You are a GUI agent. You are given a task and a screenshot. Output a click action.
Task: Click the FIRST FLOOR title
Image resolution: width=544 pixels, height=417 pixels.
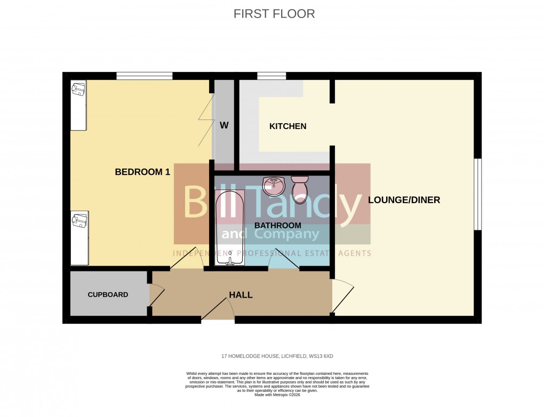(274, 14)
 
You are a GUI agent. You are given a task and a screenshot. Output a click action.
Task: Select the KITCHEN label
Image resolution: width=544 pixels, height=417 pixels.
(287, 126)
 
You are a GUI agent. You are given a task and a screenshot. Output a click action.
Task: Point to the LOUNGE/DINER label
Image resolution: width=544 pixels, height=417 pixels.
(404, 201)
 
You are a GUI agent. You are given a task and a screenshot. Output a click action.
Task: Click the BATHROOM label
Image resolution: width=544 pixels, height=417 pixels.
(277, 226)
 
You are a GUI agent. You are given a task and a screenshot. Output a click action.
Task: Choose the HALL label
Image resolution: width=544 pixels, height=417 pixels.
(241, 295)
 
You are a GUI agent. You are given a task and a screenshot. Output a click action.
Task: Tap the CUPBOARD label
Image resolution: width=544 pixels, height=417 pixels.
(108, 294)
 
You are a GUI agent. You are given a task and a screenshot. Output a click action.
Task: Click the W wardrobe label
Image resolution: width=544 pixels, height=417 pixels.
(224, 126)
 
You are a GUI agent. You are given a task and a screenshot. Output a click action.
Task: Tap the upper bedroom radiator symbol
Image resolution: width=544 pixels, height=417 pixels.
(78, 106)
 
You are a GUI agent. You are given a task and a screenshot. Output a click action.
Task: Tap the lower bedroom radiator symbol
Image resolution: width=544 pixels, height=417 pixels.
(79, 238)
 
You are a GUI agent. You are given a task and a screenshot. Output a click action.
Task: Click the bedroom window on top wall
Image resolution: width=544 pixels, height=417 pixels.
(144, 76)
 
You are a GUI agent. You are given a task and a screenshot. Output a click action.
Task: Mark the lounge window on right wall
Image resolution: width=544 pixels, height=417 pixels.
(478, 194)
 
